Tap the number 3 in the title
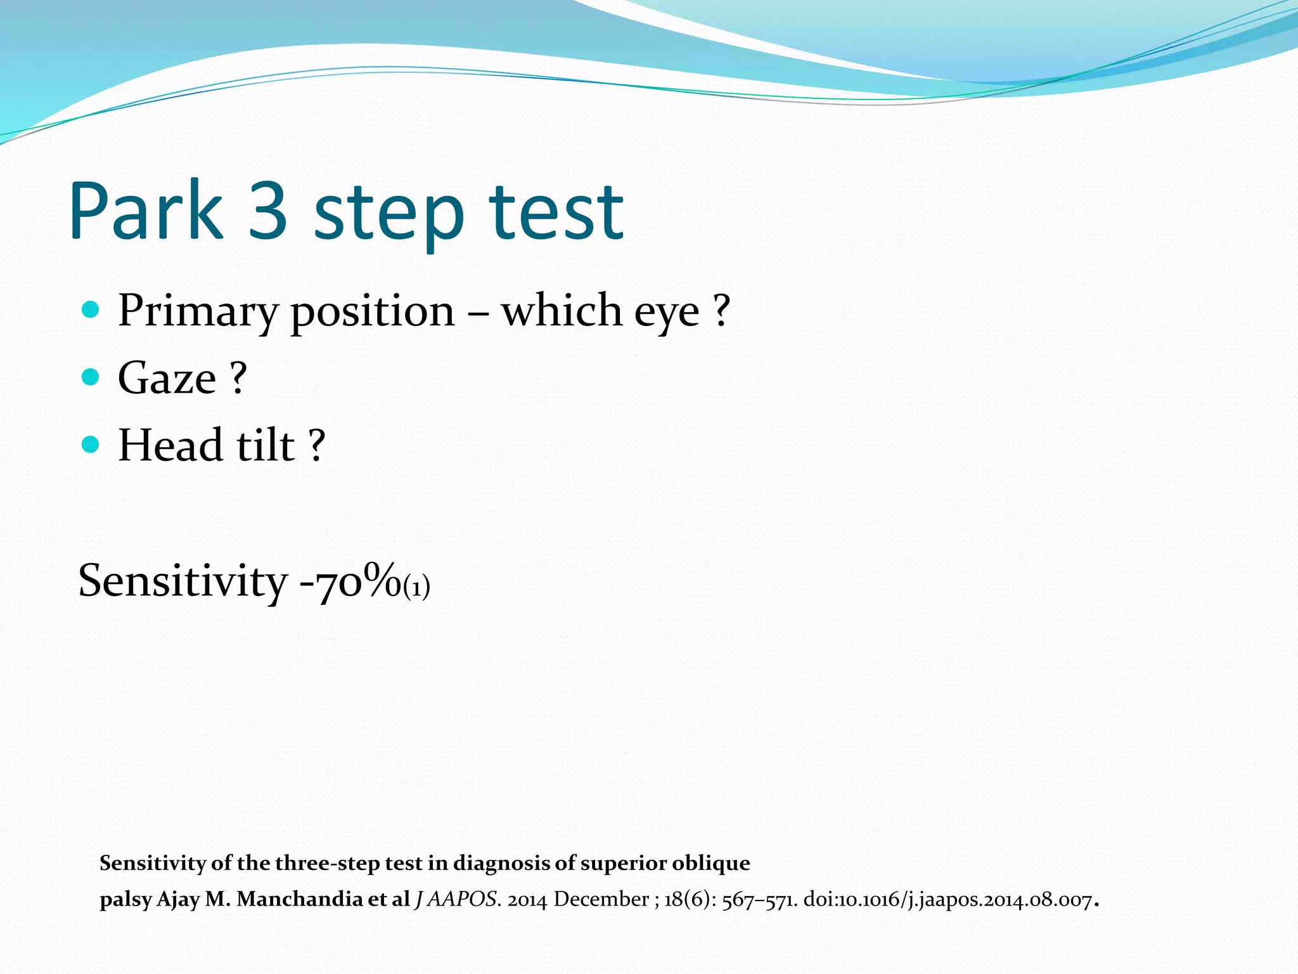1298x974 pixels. pos(268,211)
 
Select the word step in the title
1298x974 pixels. pos(389,216)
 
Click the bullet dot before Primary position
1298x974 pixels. pos(91,310)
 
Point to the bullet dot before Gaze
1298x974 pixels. pos(91,377)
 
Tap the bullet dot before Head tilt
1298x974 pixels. pos(91,445)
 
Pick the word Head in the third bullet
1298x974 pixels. pos(170,445)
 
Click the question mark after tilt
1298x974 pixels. pos(317,445)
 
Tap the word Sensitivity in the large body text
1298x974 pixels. pos(183,581)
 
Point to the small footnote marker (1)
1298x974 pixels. pos(416,588)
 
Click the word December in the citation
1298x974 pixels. pos(601,899)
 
